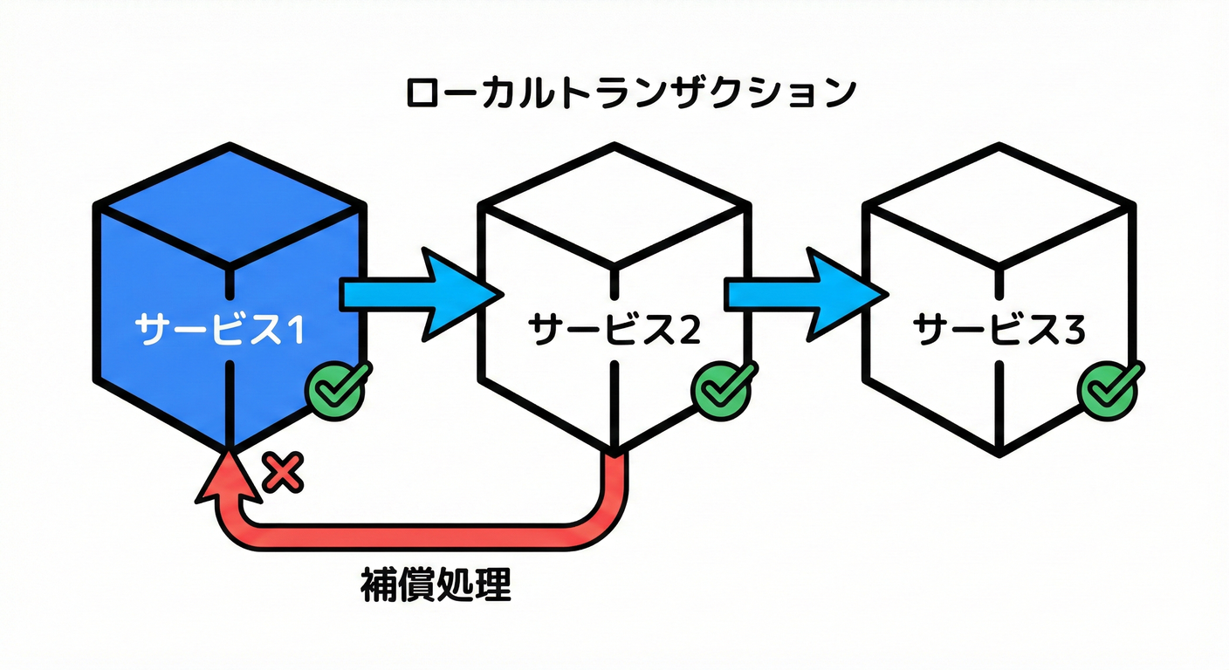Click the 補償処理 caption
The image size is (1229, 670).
(435, 586)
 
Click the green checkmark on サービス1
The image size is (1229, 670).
(337, 388)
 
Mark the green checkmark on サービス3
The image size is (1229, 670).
(1109, 388)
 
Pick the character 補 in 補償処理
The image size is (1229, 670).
(377, 586)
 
